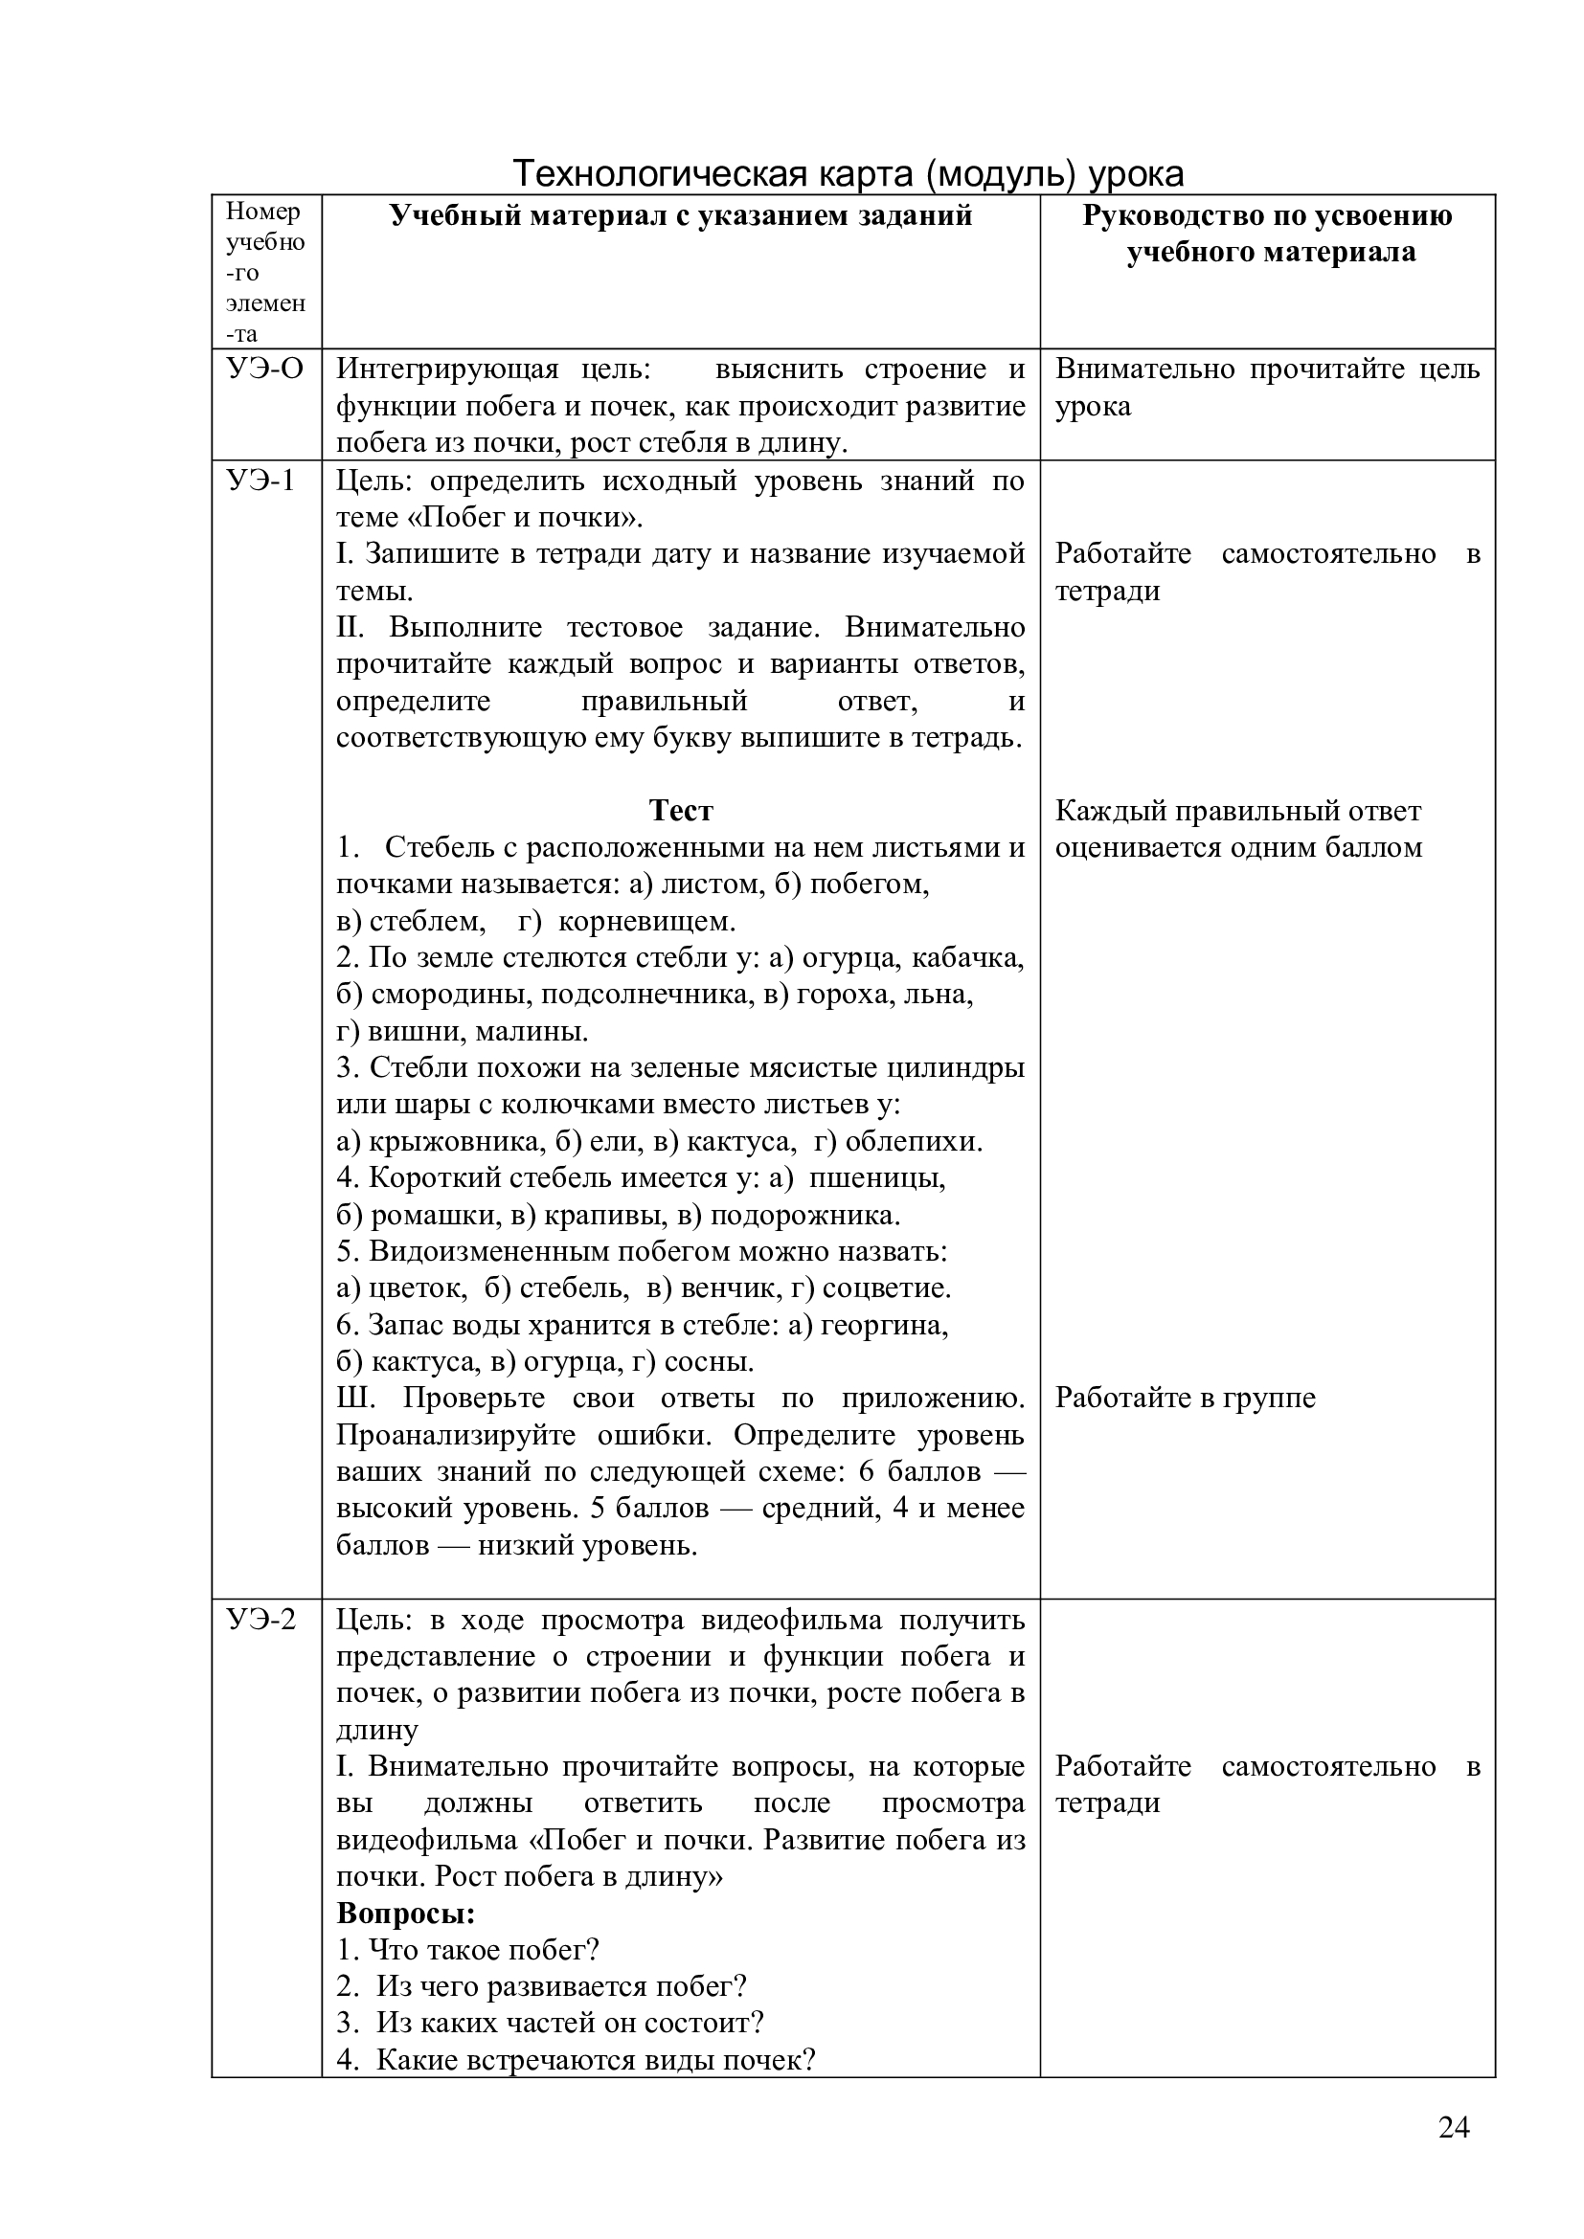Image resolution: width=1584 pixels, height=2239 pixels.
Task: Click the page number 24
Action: [1454, 2127]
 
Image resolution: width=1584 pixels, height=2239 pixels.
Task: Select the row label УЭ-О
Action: [264, 369]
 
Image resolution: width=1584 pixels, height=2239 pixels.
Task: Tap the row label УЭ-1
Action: [260, 481]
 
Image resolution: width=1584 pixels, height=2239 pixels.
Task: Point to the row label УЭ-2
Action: [261, 1620]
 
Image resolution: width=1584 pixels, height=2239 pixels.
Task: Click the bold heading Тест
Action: [681, 811]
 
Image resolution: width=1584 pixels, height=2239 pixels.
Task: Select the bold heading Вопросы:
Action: [406, 1914]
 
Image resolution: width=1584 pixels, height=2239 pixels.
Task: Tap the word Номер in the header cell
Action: [263, 212]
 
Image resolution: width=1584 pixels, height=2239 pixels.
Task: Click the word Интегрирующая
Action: [447, 369]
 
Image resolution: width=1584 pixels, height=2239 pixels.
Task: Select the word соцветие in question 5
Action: [885, 1288]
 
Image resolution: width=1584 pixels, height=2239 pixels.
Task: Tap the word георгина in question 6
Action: [883, 1325]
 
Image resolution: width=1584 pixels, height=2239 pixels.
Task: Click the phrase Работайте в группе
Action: [1185, 1399]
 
